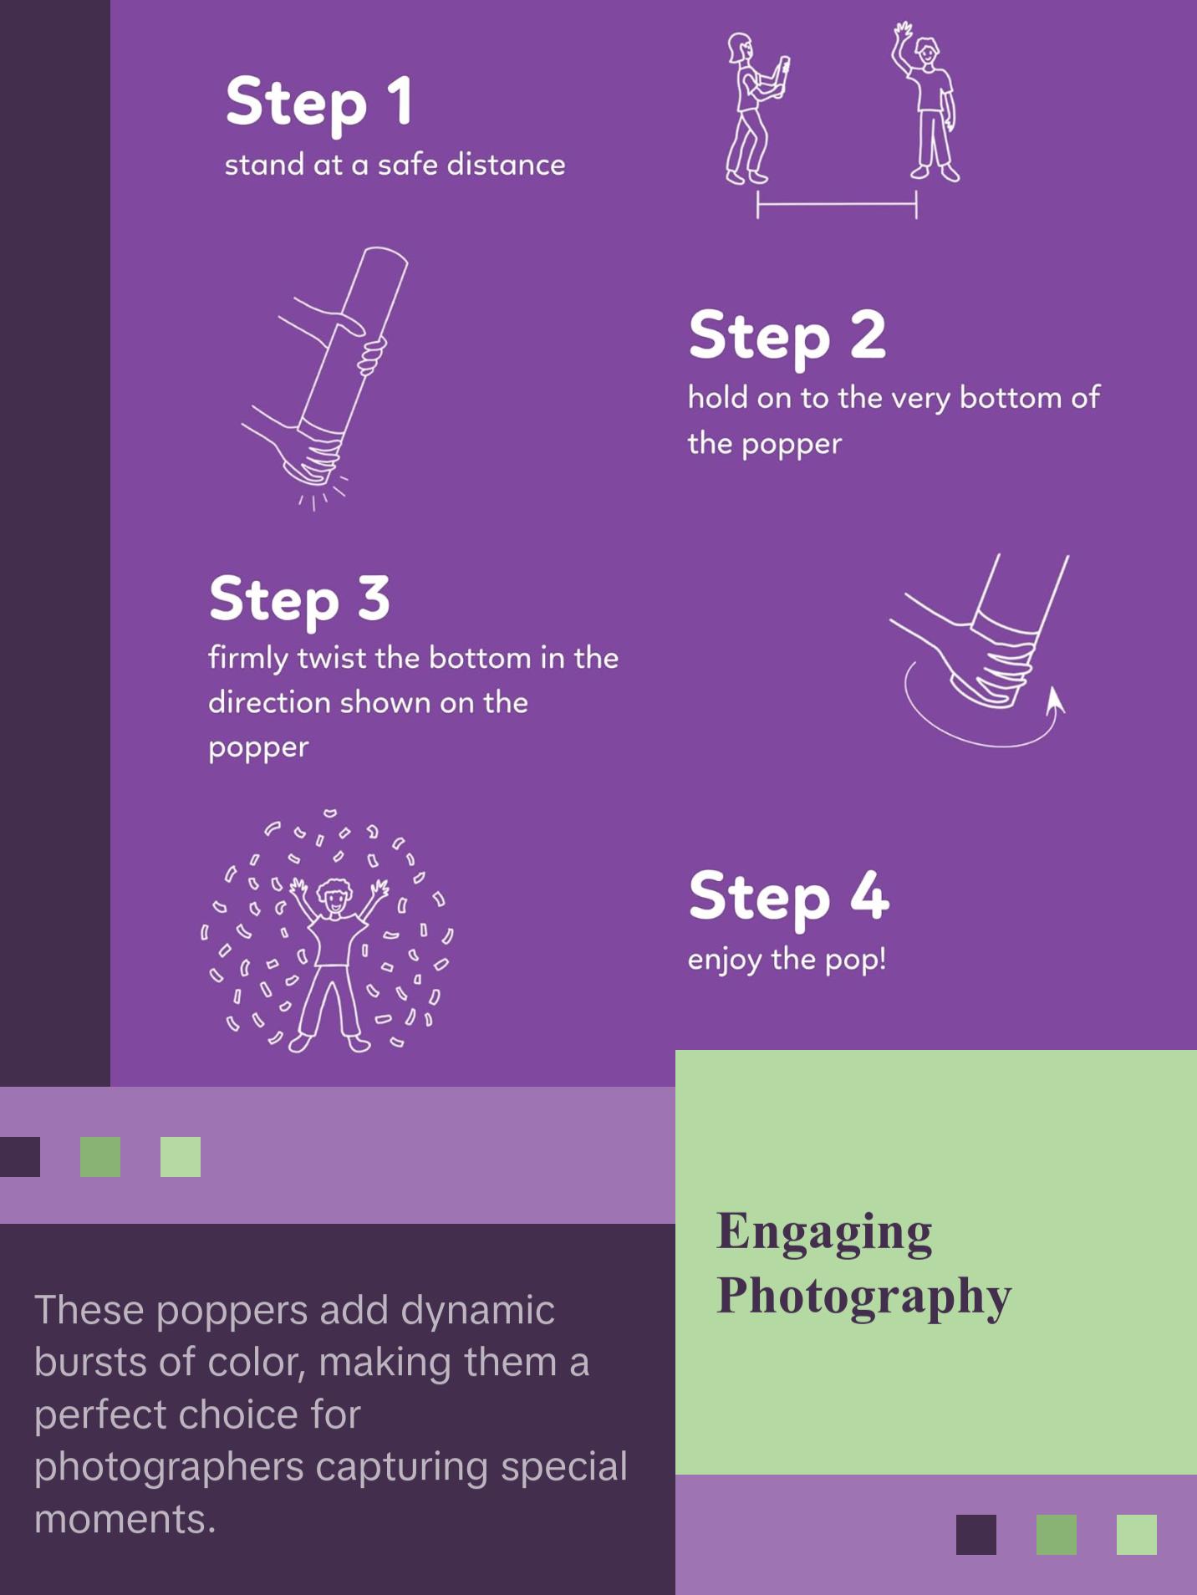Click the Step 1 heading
[x=318, y=102]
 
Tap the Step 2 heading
[x=787, y=335]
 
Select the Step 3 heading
[x=299, y=599]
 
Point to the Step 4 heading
[x=788, y=896]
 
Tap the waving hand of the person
[x=902, y=35]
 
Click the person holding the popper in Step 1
[x=750, y=109]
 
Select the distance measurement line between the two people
[x=837, y=203]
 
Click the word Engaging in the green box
[x=824, y=1232]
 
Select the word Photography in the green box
[x=863, y=1297]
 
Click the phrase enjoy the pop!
[x=787, y=960]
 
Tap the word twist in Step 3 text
[x=333, y=659]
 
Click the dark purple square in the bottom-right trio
[x=975, y=1535]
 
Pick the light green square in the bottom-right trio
[x=1136, y=1535]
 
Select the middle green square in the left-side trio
[x=100, y=1157]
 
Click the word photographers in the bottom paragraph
[x=168, y=1467]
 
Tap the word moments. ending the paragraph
[x=125, y=1519]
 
